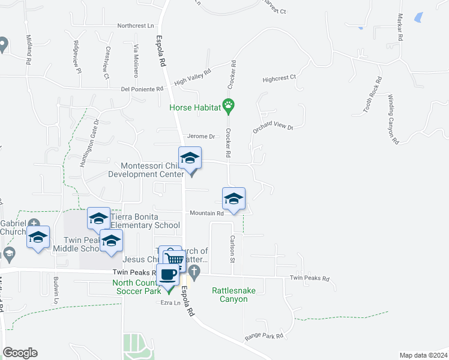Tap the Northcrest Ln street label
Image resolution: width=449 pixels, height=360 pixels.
tap(136, 26)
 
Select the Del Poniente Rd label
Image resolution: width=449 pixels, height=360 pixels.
tap(142, 89)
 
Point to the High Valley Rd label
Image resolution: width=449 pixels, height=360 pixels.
tap(193, 77)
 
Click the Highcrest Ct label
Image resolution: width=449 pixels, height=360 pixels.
tap(279, 78)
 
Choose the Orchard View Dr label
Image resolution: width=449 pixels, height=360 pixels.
tap(273, 127)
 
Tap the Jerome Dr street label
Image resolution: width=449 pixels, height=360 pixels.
tap(200, 136)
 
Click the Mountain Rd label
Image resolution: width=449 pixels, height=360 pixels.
tap(206, 213)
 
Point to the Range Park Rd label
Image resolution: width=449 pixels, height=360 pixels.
tap(264, 337)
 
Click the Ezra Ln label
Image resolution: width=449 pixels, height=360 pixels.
tap(170, 303)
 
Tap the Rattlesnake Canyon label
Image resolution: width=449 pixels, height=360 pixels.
tap(229, 295)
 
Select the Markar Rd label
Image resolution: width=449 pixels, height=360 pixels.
tap(399, 27)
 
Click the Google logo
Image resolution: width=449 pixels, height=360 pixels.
tap(20, 353)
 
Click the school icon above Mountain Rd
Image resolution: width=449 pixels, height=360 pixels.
tap(234, 199)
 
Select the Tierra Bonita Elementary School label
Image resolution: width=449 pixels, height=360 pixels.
tap(144, 221)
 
